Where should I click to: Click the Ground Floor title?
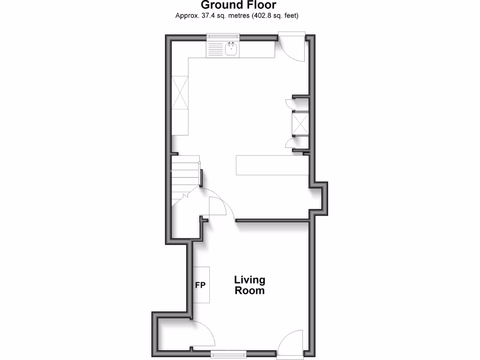pyautogui.click(x=239, y=5)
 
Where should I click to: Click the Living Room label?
pyautogui.click(x=250, y=285)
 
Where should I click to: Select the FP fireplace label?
pyautogui.click(x=200, y=285)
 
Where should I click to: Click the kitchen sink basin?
pyautogui.click(x=231, y=48)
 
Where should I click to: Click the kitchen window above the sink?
pyautogui.click(x=224, y=36)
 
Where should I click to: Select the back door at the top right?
pyautogui.click(x=293, y=47)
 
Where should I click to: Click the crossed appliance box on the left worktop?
pyautogui.click(x=180, y=92)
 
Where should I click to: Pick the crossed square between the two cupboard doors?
pyautogui.click(x=300, y=123)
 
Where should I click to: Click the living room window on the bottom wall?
pyautogui.click(x=228, y=352)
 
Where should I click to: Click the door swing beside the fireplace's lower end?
pyautogui.click(x=202, y=333)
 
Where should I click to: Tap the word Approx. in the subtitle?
pyautogui.click(x=186, y=15)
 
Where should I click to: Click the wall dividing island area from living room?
pyautogui.click(x=272, y=220)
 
